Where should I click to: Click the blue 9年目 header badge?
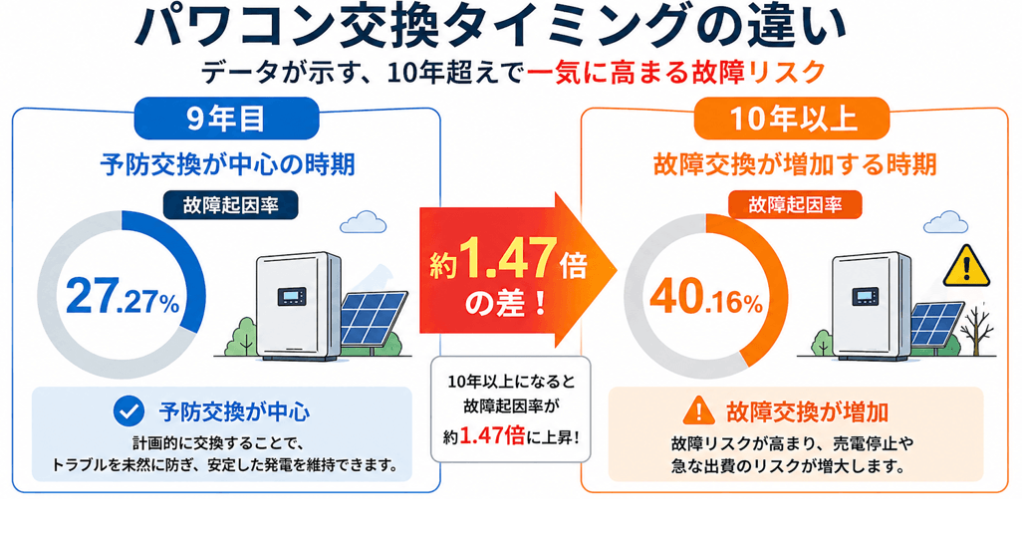tap(225, 120)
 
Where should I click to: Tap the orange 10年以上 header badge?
tap(793, 120)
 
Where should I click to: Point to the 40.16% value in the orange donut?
tap(706, 297)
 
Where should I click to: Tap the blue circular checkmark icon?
tap(128, 409)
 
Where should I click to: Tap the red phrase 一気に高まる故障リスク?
tap(677, 73)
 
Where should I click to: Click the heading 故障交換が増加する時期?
tap(794, 164)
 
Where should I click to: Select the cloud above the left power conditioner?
tap(368, 220)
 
